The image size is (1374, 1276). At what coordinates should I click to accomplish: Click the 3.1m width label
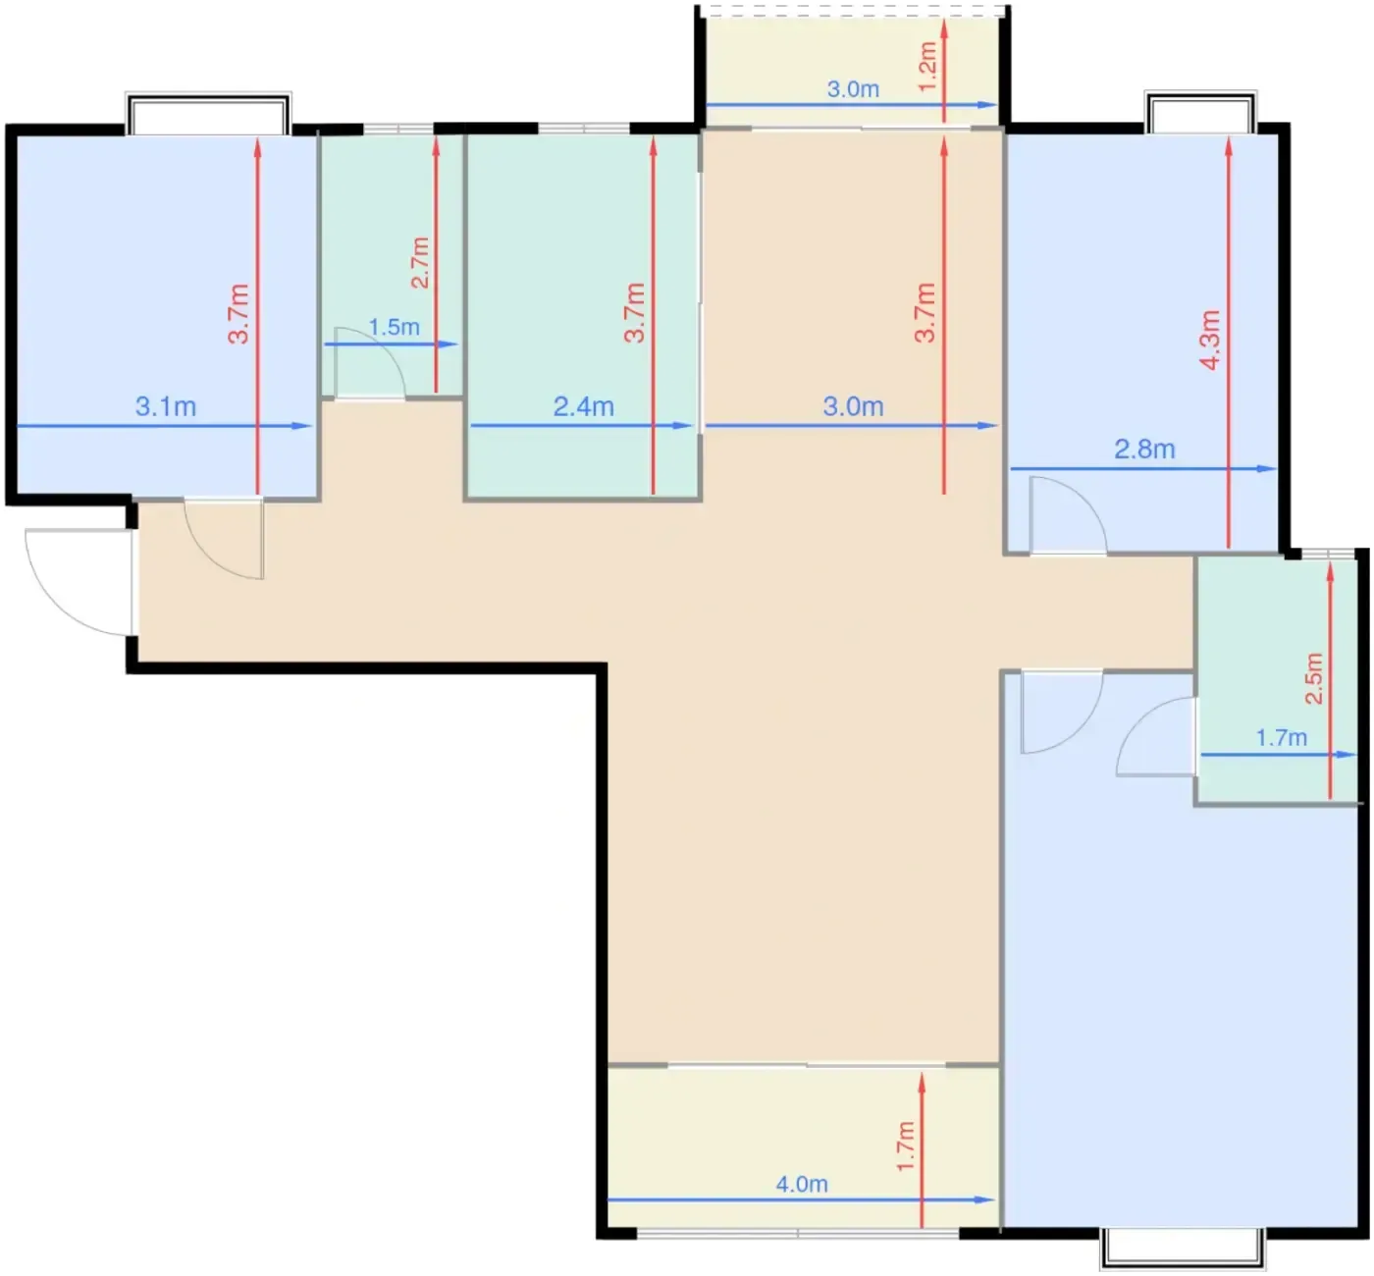166,406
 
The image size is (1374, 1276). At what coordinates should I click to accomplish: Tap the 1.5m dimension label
394,327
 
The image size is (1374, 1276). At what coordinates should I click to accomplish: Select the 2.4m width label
583,406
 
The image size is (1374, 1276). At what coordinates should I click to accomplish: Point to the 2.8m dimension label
1144,450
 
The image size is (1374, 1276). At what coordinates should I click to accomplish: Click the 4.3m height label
1210,340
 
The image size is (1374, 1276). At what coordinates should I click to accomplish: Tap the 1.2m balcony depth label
927,67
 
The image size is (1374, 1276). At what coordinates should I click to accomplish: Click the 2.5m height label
1313,678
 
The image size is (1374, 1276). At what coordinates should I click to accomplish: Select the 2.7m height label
420,262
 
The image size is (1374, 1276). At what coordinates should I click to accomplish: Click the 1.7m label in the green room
1282,738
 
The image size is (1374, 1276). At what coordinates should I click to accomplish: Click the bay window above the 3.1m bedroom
208,114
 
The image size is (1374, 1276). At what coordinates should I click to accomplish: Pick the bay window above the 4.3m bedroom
1200,111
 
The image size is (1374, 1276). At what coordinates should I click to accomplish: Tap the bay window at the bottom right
1183,1249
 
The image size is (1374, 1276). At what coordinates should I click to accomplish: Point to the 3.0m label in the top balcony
853,89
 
